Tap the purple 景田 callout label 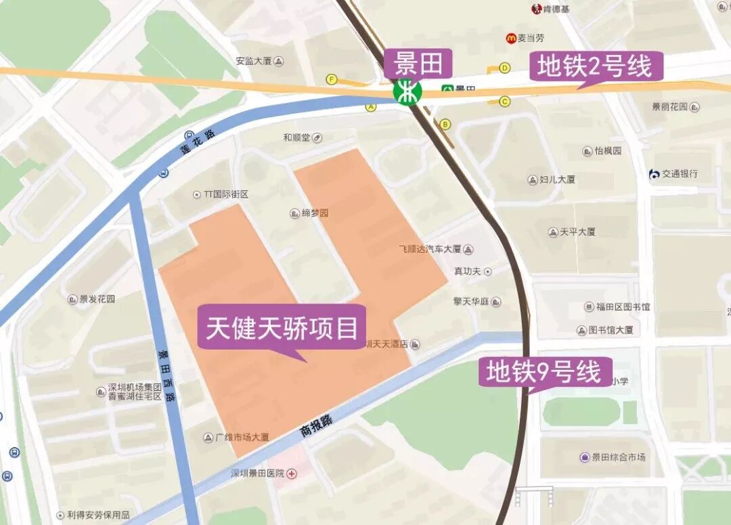(418, 64)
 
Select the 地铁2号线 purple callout (595, 67)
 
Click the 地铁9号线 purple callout (545, 372)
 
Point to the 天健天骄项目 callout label (282, 329)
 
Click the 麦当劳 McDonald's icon (510, 39)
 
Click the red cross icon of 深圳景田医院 (292, 474)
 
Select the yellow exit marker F (331, 79)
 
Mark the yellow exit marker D (504, 68)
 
